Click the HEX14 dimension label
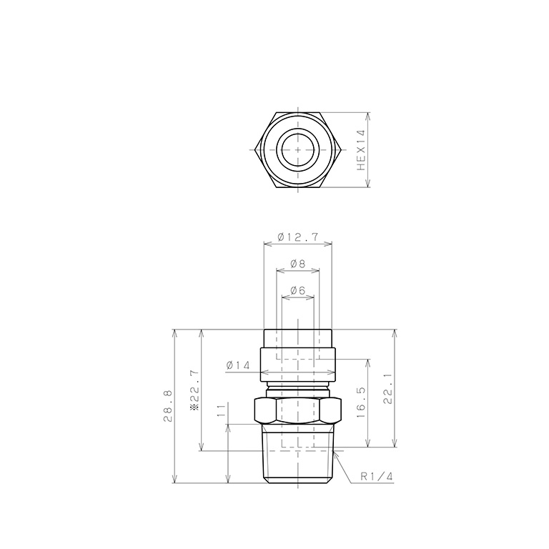361,150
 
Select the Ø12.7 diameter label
298,237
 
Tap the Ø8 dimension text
298,263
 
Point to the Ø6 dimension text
298,290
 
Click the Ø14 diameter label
238,365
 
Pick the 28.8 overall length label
168,407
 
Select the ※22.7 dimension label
194,390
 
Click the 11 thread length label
221,411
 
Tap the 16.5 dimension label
361,402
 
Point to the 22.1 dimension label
387,389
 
